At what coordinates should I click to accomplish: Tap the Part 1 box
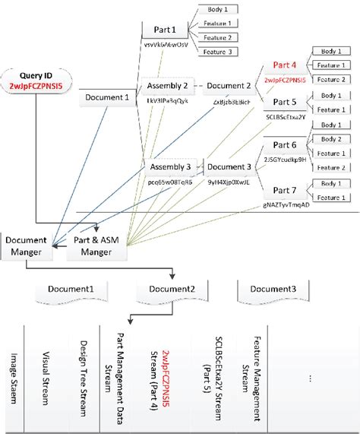(x=165, y=30)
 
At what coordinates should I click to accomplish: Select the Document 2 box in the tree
(x=229, y=86)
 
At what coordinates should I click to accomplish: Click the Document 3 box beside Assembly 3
(x=229, y=167)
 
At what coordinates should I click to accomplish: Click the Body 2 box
(x=332, y=140)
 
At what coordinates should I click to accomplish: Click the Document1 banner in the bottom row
(x=71, y=290)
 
